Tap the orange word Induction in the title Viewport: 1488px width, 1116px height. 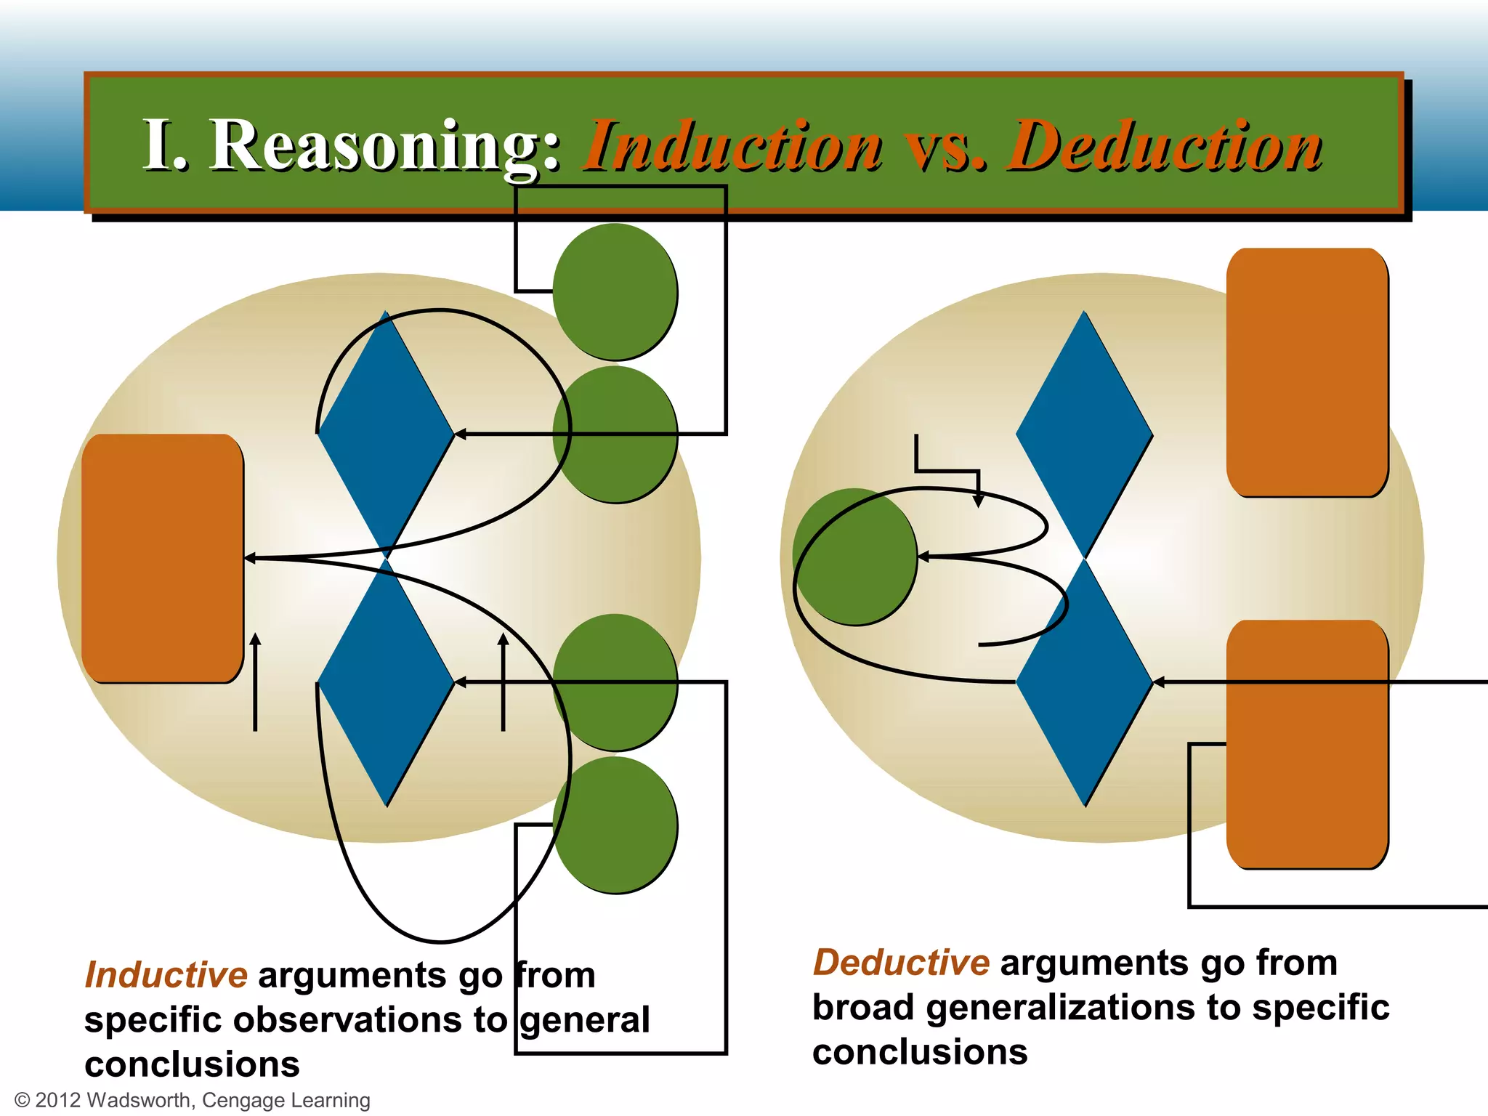(734, 147)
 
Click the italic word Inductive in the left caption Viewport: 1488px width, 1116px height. (166, 975)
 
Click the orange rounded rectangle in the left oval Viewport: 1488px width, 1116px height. (162, 558)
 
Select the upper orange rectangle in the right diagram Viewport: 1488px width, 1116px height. (1307, 372)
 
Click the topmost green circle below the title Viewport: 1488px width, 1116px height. (615, 291)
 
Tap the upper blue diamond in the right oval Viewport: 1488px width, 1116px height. (1084, 434)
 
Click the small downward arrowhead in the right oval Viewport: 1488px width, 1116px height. (978, 501)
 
